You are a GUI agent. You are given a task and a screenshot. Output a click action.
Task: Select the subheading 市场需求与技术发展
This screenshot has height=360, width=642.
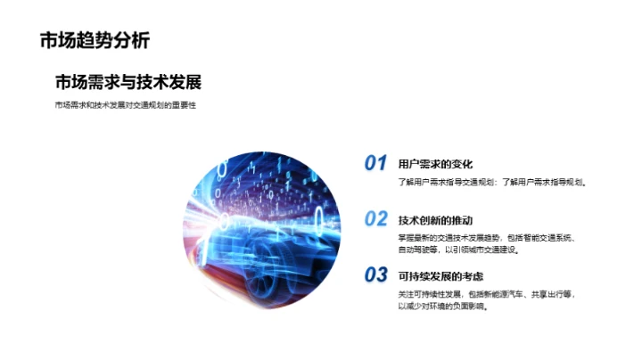[x=128, y=82]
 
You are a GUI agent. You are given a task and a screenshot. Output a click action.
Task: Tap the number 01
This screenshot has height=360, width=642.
[x=375, y=163]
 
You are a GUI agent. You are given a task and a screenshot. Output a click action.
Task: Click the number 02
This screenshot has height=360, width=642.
[x=375, y=219]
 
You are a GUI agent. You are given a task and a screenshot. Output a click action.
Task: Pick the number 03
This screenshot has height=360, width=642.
[x=375, y=274]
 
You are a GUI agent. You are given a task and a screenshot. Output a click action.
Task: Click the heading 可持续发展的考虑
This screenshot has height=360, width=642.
[x=440, y=275]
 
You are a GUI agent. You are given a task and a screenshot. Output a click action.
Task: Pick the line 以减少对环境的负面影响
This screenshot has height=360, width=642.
[x=449, y=306]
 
